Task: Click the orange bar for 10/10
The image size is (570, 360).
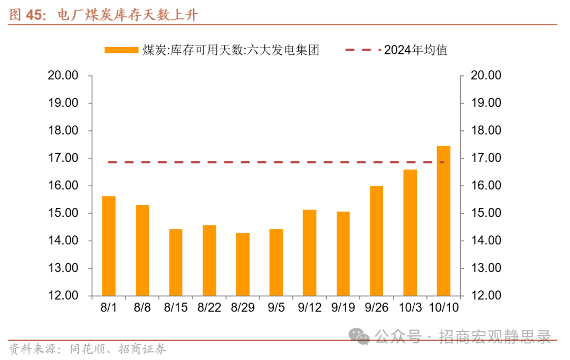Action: [443, 221]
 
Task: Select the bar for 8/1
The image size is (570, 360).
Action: [109, 246]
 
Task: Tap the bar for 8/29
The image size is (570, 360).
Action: [243, 264]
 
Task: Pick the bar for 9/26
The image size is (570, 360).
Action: [376, 241]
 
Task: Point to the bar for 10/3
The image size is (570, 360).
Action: [410, 233]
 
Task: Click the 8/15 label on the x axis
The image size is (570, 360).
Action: [176, 307]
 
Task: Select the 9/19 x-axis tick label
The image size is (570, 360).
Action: [343, 307]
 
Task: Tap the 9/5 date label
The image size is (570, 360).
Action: [276, 307]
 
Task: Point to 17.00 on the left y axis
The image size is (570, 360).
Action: [63, 158]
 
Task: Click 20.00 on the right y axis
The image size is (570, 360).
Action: [486, 75]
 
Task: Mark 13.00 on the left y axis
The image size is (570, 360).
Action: [63, 268]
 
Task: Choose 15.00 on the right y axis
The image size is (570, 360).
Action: [486, 213]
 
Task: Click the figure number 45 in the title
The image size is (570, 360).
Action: [33, 15]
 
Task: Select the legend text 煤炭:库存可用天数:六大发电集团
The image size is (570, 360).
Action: [231, 50]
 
